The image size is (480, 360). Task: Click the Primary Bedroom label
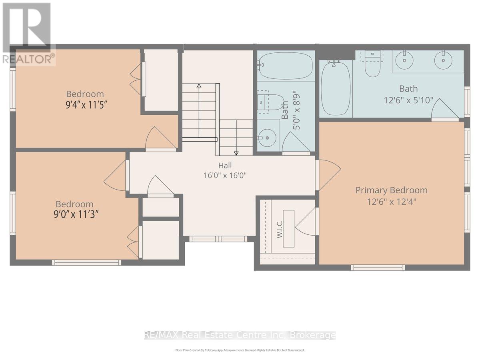tap(392, 190)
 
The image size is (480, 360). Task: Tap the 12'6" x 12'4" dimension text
tap(392, 202)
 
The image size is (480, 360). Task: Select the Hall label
tap(225, 166)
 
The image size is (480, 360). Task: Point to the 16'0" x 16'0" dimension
tap(225, 175)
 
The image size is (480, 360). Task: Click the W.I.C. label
tap(280, 229)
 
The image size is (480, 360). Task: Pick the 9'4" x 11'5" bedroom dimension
tap(86, 105)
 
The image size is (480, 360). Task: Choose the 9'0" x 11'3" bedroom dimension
tap(75, 214)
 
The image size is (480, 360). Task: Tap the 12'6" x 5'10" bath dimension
tap(408, 100)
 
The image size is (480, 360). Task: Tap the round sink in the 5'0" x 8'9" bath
tap(267, 138)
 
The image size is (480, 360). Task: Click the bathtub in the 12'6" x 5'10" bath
tap(336, 88)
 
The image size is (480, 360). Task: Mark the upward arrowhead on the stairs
tap(199, 86)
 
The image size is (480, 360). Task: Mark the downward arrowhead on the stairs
tap(236, 154)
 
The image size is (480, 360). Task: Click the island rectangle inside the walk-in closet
tap(289, 229)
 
